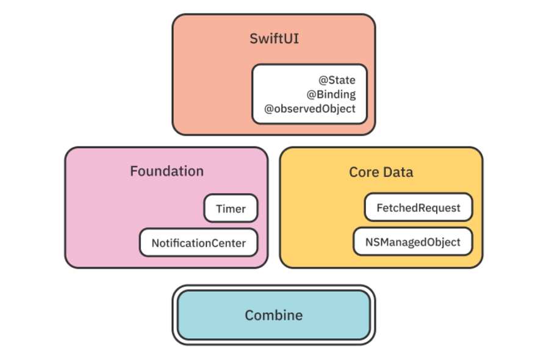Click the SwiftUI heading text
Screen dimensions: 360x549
(274, 39)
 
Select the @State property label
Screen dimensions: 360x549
(337, 80)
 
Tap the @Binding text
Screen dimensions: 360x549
(331, 95)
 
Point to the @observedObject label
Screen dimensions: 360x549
(309, 109)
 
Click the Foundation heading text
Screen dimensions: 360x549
(167, 171)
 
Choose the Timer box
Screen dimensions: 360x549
(231, 209)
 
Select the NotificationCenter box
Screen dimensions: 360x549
(198, 243)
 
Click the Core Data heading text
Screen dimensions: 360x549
(381, 172)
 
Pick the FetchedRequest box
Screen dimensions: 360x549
(418, 208)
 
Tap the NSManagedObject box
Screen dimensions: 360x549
(413, 242)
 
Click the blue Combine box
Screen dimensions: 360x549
(274, 315)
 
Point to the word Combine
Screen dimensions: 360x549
(274, 315)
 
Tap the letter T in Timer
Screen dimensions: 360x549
(219, 209)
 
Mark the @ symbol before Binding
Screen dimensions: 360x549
(311, 95)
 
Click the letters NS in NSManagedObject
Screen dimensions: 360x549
(373, 242)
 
